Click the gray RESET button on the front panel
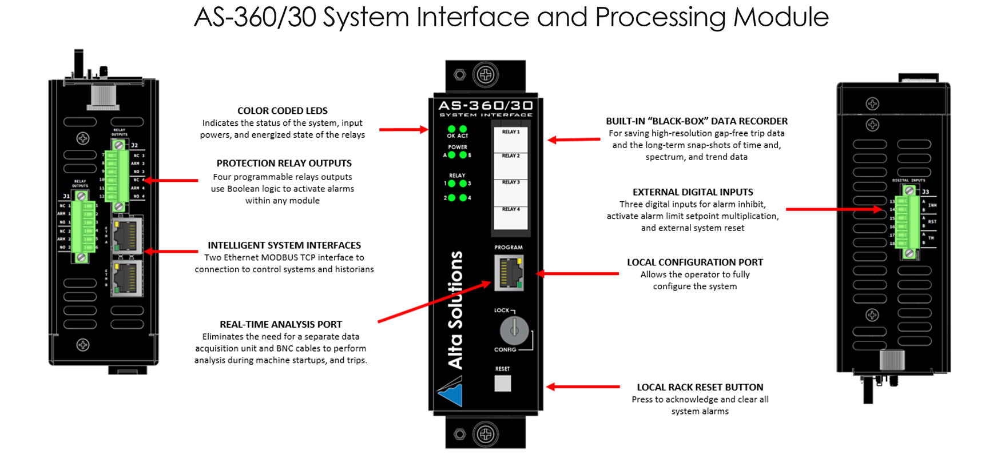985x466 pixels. coord(502,383)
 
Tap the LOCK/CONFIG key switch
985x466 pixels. coord(514,329)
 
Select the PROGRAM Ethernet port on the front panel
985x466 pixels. coord(509,273)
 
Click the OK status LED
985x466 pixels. coord(451,129)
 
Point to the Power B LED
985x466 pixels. coord(463,155)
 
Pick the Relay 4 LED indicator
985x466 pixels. coord(463,198)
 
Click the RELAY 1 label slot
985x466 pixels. coord(511,138)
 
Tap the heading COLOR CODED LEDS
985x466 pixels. coord(283,111)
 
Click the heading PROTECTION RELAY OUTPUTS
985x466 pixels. coord(284,164)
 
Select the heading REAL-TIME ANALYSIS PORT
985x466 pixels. coord(281,324)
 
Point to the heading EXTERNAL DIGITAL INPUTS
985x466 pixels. coord(693,192)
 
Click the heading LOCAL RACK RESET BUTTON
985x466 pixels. coord(700,387)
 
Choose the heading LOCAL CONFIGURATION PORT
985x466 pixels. coord(695,262)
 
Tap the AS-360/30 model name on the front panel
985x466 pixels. coord(486,106)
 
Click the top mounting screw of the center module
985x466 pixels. coord(486,75)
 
